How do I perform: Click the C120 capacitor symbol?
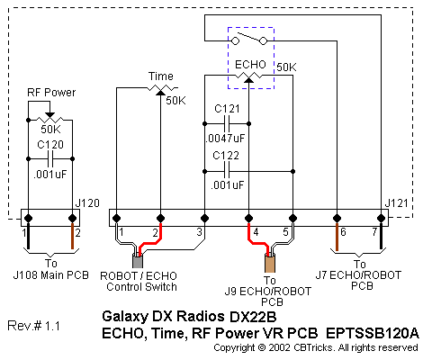pos(50,159)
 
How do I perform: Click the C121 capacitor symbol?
pos(227,123)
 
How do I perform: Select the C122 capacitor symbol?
pos(227,172)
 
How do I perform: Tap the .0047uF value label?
pos(226,139)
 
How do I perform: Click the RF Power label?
pos(51,93)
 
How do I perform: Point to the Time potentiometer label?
pos(161,76)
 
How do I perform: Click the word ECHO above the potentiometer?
pos(250,65)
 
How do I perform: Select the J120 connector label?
pos(87,203)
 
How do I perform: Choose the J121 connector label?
pos(397,203)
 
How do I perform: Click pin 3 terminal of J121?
pos(204,218)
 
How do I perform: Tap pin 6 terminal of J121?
pos(337,218)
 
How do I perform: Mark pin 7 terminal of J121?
pos(381,218)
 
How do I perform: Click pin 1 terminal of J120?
pos(28,218)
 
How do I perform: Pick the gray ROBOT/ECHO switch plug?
pos(138,261)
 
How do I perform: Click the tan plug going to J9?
pos(270,264)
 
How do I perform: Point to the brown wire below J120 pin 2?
pos(72,236)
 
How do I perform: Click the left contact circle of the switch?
pos(236,40)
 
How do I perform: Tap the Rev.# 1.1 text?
pos(33,326)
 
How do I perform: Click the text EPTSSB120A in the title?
pos(372,333)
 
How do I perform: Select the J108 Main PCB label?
pos(51,275)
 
